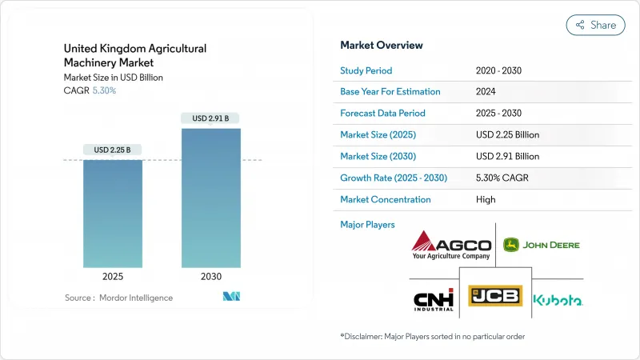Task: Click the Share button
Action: pos(595,25)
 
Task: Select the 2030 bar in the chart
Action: pos(211,198)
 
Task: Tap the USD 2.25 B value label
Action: pos(113,150)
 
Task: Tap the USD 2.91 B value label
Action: pos(211,118)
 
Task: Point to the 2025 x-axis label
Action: pos(113,276)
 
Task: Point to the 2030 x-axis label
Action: pos(211,276)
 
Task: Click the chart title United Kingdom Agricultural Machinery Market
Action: pos(135,56)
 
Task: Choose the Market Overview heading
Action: pos(382,45)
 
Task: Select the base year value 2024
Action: pos(486,92)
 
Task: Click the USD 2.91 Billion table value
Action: pos(507,156)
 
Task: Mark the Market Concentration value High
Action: pos(486,199)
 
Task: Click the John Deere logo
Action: pos(542,244)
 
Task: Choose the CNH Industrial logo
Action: pos(434,298)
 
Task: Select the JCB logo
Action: pos(495,296)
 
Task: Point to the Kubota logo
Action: pos(558,299)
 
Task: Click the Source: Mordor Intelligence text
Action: pos(118,298)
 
